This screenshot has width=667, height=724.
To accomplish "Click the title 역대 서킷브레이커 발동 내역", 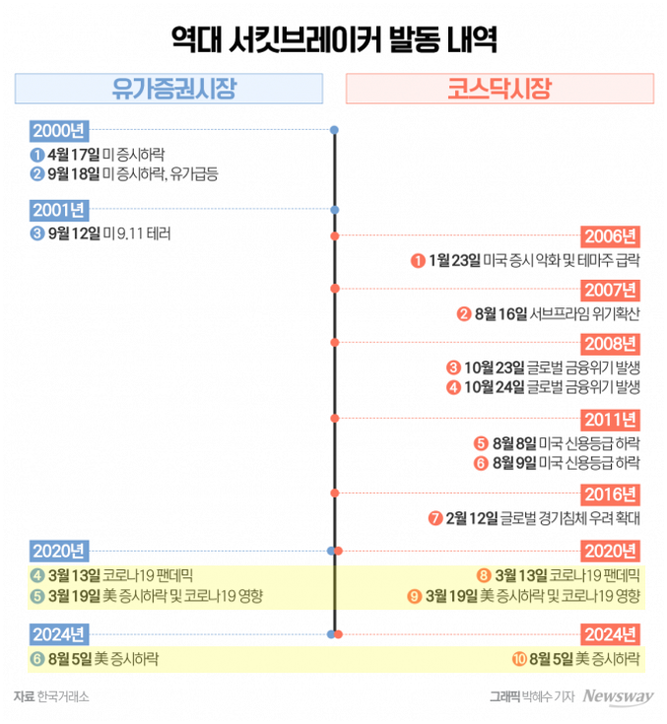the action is (x=333, y=41).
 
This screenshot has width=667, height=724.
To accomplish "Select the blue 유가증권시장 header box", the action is (x=168, y=90).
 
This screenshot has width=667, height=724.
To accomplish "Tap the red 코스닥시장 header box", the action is (x=500, y=90).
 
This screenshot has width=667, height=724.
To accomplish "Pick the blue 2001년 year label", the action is (x=60, y=210).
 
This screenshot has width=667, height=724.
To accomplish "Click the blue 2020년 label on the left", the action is (x=60, y=551).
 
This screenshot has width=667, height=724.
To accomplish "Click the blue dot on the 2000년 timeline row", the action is (x=335, y=130).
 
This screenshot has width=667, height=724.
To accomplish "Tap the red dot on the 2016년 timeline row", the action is (x=335, y=493).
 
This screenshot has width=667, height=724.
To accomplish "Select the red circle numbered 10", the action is (x=518, y=658).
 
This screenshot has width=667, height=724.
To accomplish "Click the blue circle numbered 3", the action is (x=36, y=233).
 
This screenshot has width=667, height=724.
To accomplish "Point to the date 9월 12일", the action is (x=74, y=233).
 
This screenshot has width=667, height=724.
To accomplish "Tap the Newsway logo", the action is (x=618, y=697).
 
